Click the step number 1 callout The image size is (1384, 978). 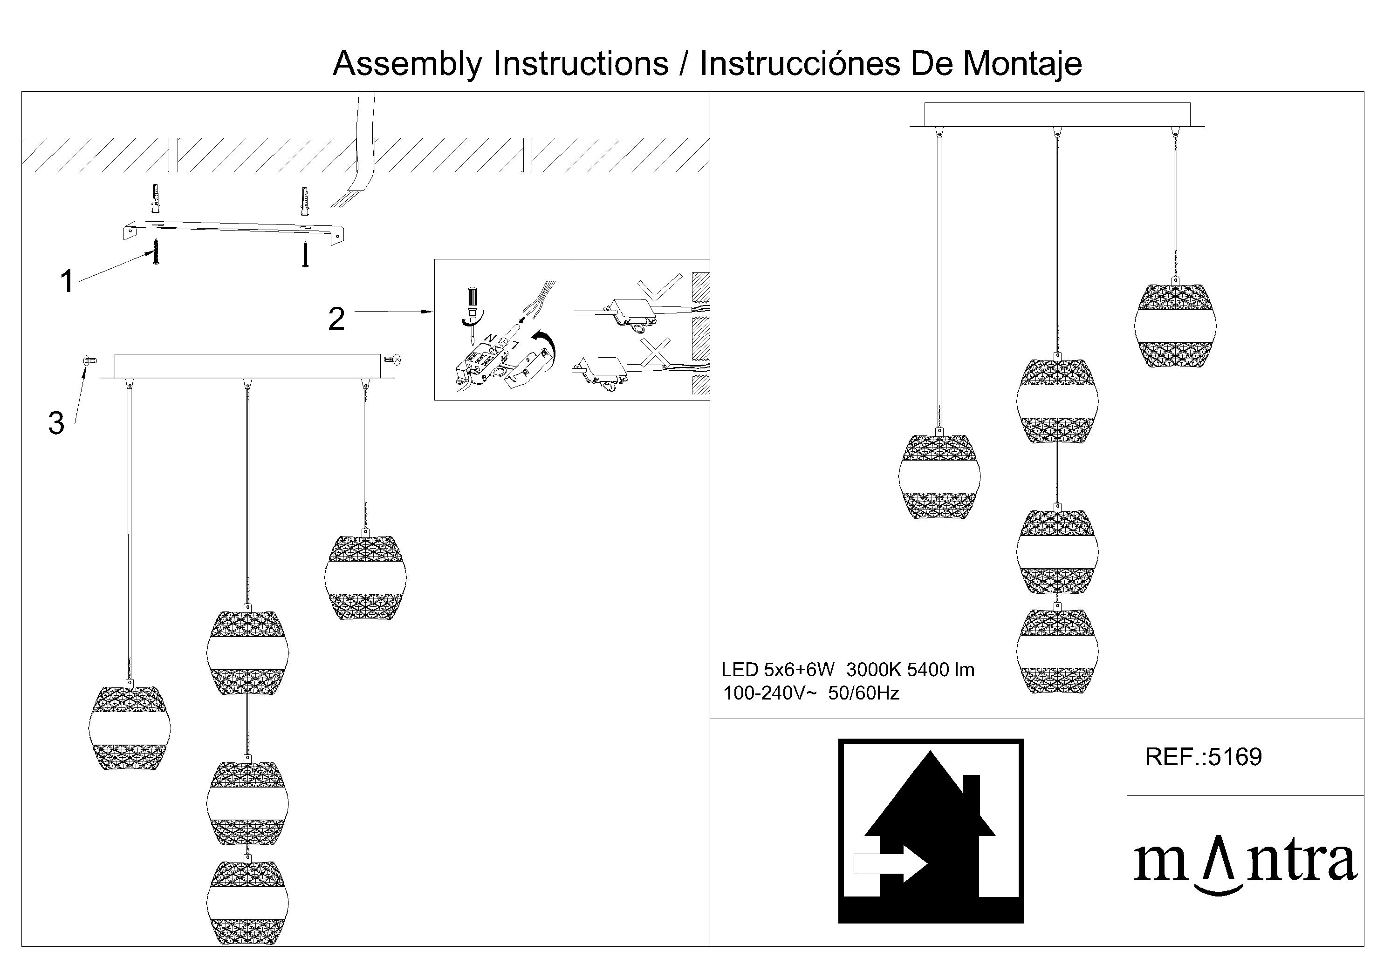[67, 281]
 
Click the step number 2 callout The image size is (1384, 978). [336, 318]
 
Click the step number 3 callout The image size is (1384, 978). [56, 423]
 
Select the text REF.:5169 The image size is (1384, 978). [1203, 757]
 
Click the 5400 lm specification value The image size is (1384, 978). [940, 670]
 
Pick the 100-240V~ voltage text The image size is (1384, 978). [770, 693]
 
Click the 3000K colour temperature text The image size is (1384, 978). [873, 670]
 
